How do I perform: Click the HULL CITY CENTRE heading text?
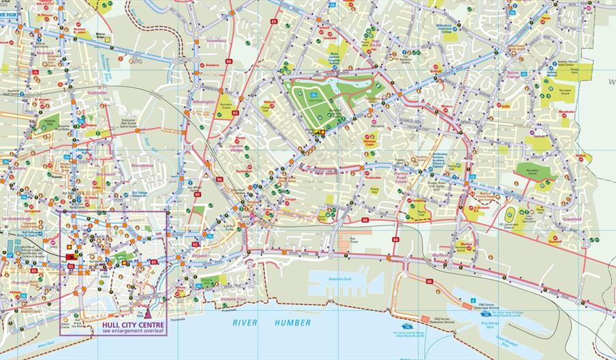[x=132, y=325]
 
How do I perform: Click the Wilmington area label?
[x=204, y=103]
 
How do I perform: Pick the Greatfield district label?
[x=572, y=220]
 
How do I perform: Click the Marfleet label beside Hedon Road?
[x=440, y=254]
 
